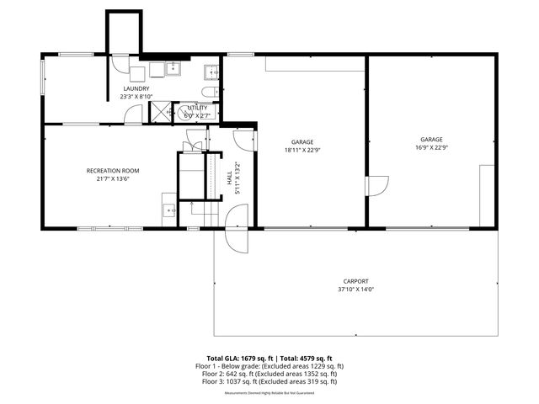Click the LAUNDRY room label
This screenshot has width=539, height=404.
tap(136, 88)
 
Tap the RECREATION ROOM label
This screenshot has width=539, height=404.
tap(113, 171)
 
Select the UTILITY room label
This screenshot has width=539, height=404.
tap(197, 108)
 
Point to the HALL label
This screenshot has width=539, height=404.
tap(230, 178)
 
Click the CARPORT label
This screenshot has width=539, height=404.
tap(355, 281)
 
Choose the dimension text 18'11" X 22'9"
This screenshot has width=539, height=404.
tap(302, 150)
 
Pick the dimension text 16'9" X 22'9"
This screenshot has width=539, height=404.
tap(431, 147)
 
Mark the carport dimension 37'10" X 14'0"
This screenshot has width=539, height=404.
tap(355, 290)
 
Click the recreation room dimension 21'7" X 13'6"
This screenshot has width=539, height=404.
tap(113, 179)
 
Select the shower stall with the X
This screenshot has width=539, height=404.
tap(162, 109)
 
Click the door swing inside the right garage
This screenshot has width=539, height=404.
tap(376, 190)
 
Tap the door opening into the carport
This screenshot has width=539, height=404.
tap(237, 239)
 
